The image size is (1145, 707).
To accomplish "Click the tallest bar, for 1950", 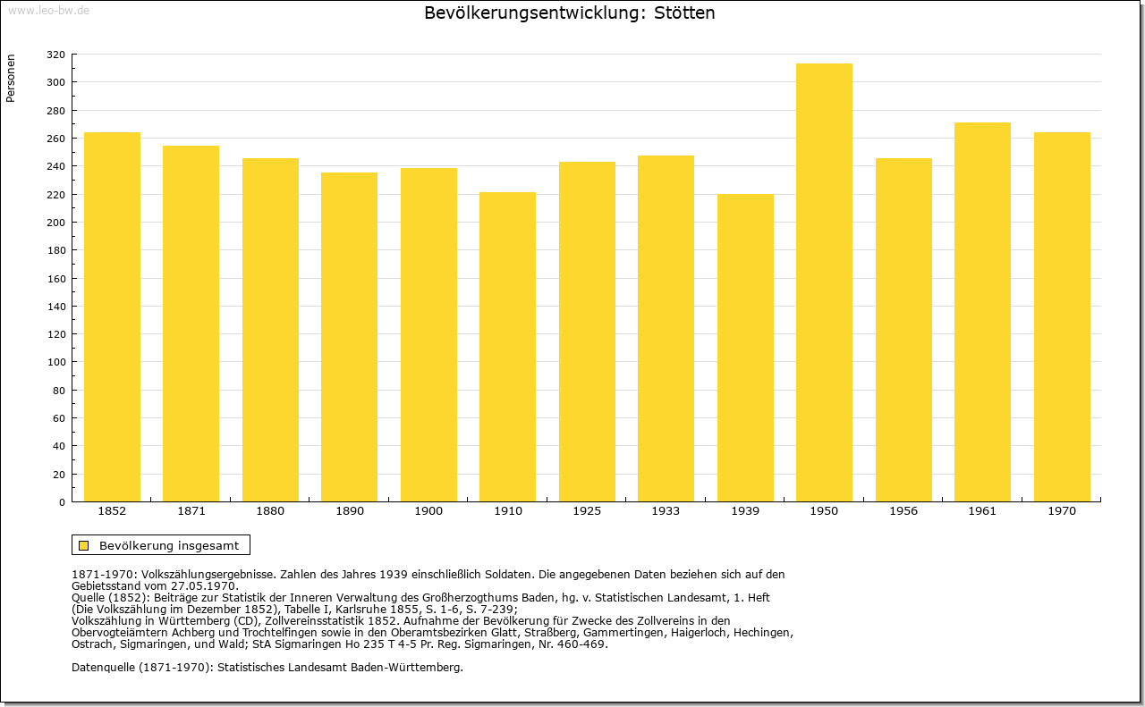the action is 824,282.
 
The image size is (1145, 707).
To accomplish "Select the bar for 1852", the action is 112,316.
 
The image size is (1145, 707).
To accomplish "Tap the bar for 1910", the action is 507,347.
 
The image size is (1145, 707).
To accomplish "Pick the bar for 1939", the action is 745,348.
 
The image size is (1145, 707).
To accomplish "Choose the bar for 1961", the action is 982,312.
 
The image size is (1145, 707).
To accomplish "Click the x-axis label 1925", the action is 587,511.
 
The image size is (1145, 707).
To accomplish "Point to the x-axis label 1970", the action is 1062,511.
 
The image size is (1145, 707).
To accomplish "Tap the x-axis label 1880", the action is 270,511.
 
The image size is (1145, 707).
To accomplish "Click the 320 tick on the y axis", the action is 55,55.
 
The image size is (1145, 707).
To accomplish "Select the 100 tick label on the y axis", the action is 55,362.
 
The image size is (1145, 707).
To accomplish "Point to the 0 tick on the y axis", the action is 62,502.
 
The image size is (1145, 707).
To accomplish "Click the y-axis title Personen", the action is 11,78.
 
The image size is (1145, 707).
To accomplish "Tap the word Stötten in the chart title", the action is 684,13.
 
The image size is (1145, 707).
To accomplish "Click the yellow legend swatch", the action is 84,545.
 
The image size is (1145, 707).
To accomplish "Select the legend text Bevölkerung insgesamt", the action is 169,545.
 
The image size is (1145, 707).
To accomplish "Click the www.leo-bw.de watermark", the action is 48,10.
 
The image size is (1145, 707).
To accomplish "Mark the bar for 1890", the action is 350,337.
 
